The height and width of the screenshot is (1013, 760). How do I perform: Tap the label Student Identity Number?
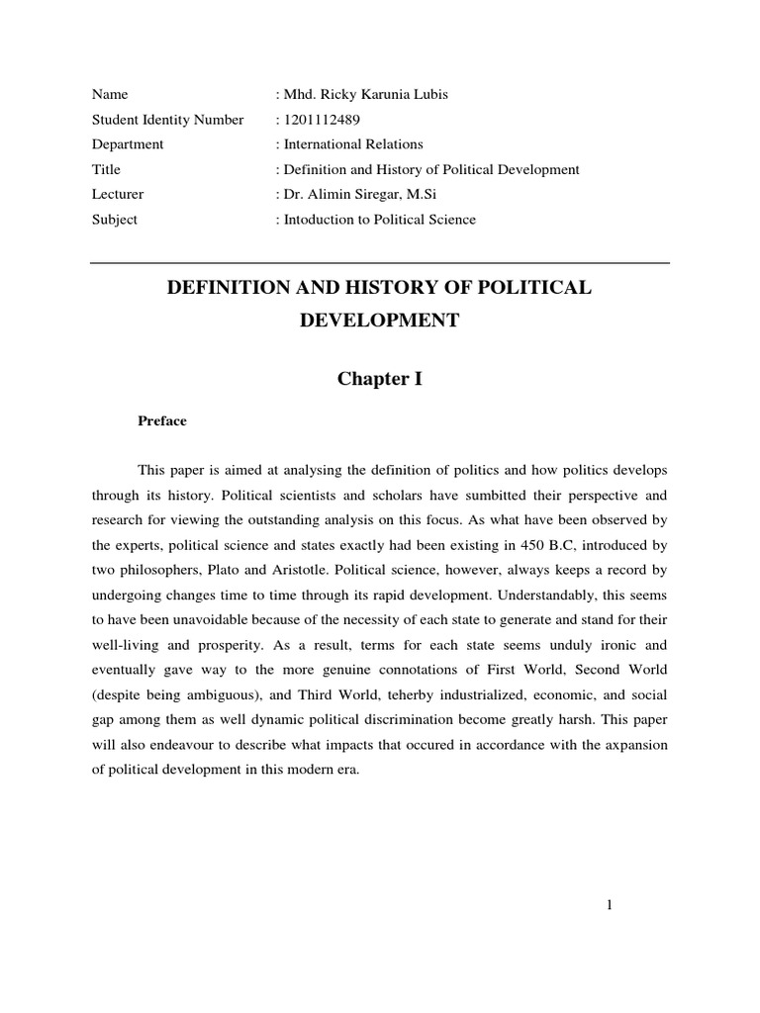click(x=167, y=120)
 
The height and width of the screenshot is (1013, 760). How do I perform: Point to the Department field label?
click(x=128, y=144)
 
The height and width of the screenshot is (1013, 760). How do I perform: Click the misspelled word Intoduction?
click(x=318, y=220)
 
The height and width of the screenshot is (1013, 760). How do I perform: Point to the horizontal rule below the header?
click(x=380, y=263)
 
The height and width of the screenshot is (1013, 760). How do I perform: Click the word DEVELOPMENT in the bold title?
click(x=380, y=322)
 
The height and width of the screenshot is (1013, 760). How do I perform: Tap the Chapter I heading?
click(x=380, y=379)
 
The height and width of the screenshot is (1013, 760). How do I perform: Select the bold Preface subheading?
click(x=161, y=421)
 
